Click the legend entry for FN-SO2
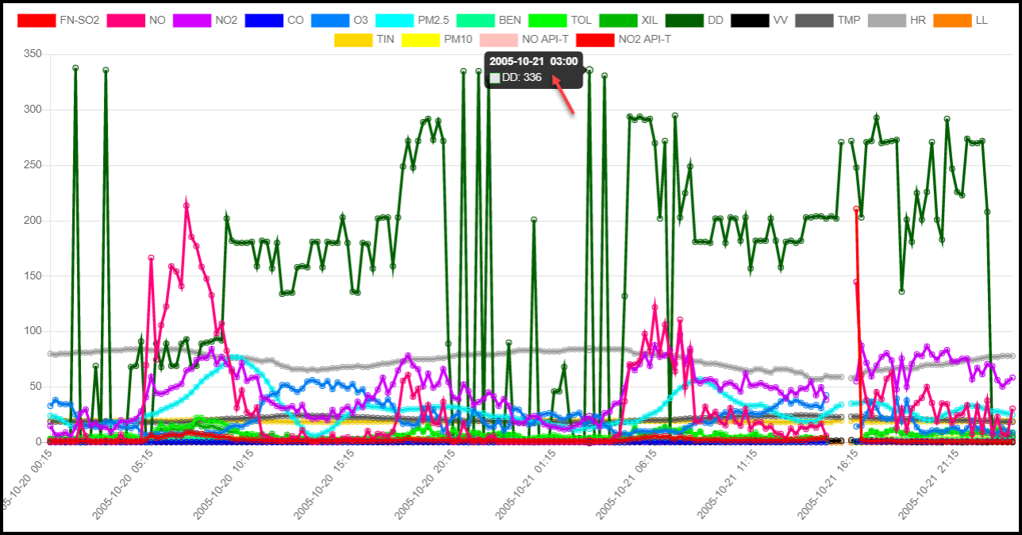(58, 20)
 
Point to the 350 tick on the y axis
(33, 54)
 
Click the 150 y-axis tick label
(33, 276)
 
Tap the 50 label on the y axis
(36, 387)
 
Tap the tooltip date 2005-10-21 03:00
(533, 62)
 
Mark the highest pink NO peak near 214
(186, 206)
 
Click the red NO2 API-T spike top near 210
(856, 210)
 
